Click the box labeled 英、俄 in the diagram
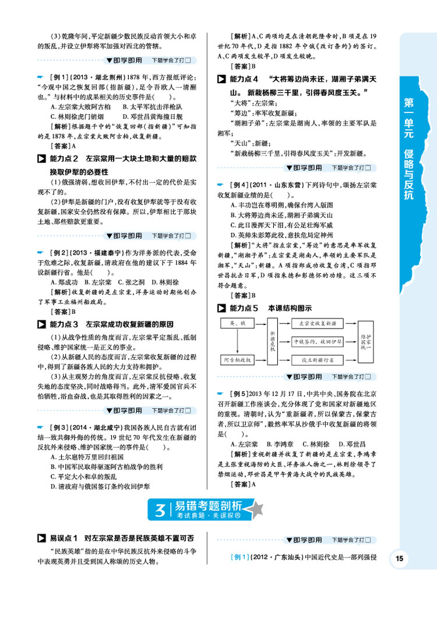click(x=236, y=322)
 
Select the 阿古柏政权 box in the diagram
click(x=236, y=361)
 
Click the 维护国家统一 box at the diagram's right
click(x=365, y=341)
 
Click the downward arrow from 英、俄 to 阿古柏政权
click(x=237, y=341)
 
